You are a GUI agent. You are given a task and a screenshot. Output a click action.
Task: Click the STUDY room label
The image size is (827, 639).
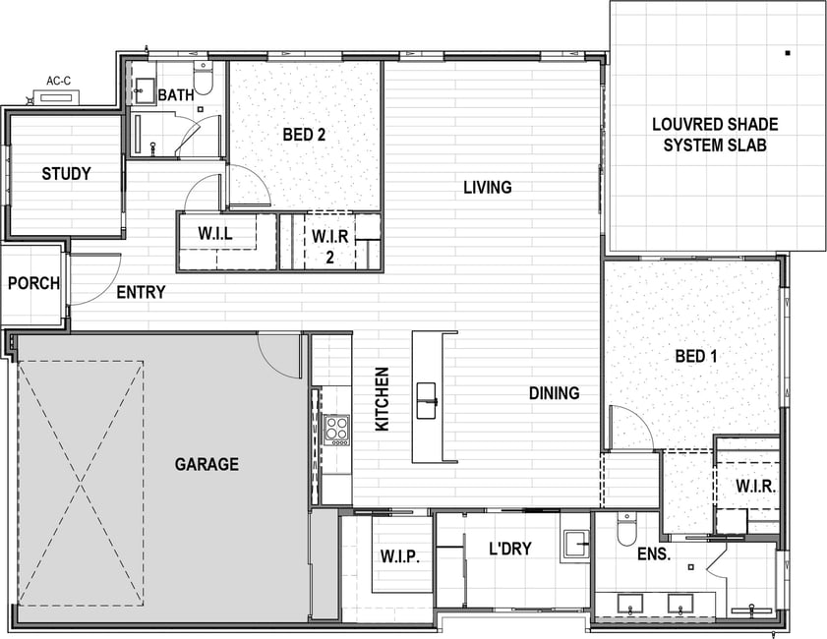(x=66, y=173)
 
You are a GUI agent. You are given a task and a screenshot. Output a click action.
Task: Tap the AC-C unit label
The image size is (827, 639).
(x=59, y=82)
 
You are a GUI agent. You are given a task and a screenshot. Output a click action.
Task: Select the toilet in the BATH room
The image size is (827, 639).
(x=203, y=78)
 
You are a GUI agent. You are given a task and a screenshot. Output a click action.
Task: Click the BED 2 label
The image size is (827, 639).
(x=304, y=135)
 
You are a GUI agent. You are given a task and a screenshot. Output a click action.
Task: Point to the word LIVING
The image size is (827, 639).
(x=488, y=187)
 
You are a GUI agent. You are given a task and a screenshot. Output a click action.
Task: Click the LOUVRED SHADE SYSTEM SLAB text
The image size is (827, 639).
(x=715, y=135)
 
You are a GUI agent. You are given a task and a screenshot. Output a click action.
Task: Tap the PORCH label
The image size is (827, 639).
(x=33, y=284)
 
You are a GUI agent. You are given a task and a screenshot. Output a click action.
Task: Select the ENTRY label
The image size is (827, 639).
(x=141, y=292)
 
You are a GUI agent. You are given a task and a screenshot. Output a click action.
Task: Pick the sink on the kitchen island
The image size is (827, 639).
(x=426, y=401)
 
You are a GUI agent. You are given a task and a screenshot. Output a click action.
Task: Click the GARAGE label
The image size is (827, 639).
(x=207, y=464)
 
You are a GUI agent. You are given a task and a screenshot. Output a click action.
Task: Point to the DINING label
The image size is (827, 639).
(x=555, y=393)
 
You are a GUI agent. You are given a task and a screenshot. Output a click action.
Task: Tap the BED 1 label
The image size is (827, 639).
(x=696, y=356)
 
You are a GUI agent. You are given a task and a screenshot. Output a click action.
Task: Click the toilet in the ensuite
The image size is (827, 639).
(x=627, y=529)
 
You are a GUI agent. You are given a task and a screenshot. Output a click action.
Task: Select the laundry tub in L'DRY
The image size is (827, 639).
(x=575, y=544)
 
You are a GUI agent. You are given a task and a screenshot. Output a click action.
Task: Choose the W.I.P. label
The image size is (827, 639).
(x=400, y=556)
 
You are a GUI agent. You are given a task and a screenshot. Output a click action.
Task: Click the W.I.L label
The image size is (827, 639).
(x=215, y=233)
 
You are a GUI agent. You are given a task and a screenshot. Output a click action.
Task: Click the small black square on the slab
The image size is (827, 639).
(x=788, y=53)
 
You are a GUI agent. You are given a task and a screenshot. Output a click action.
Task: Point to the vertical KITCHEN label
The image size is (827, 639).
(x=382, y=399)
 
